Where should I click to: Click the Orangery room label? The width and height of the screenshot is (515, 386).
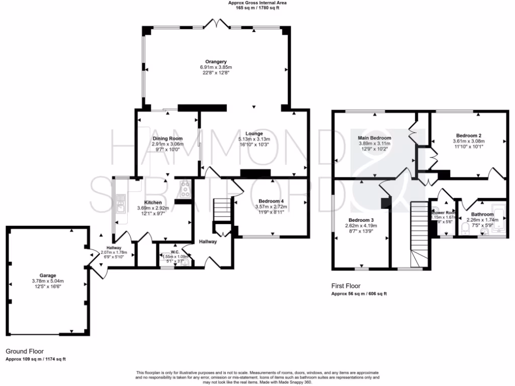(215, 61)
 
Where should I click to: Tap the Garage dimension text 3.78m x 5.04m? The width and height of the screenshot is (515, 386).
(48, 281)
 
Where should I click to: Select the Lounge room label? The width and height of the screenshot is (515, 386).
(254, 133)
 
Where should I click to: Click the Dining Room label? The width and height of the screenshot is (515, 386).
(167, 138)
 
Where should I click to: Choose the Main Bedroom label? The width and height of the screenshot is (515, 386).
(374, 137)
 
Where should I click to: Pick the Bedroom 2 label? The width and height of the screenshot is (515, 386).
(469, 136)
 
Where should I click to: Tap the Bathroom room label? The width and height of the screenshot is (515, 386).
(480, 214)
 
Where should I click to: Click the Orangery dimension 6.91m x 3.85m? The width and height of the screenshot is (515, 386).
(215, 67)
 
